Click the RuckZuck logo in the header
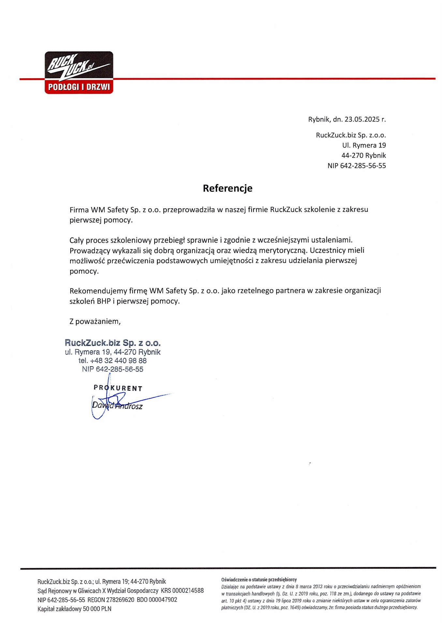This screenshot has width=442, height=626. pyautogui.click(x=79, y=72)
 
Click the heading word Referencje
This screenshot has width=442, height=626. pyautogui.click(x=228, y=188)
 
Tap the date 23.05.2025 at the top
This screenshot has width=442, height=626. pyautogui.click(x=362, y=119)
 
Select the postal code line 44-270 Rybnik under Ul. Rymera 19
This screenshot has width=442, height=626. pyautogui.click(x=363, y=156)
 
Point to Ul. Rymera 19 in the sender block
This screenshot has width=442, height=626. pyautogui.click(x=364, y=145)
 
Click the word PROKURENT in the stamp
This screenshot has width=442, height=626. pyautogui.click(x=118, y=388)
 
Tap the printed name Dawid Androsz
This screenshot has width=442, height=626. pyautogui.click(x=117, y=406)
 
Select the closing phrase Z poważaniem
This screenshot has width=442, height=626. pyautogui.click(x=95, y=321)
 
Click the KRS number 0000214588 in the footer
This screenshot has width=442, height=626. pyautogui.click(x=188, y=590)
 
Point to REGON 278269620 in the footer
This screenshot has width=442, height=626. pyautogui.click(x=111, y=600)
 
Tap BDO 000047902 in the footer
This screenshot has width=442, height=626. pyautogui.click(x=157, y=600)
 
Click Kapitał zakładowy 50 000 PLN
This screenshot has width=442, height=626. pyautogui.click(x=74, y=609)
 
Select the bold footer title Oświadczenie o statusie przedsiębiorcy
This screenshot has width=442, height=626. pyautogui.click(x=259, y=579)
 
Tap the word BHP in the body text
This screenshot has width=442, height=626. pyautogui.click(x=104, y=301)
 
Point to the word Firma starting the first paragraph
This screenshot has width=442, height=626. pyautogui.click(x=79, y=210)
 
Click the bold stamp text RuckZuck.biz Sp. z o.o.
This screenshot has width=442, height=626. pyautogui.click(x=112, y=343)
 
